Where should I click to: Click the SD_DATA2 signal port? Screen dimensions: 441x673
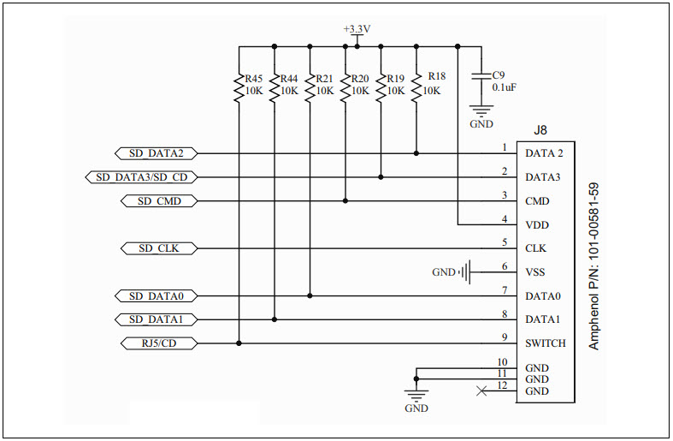(x=156, y=153)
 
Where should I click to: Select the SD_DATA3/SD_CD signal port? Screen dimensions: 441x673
(x=142, y=177)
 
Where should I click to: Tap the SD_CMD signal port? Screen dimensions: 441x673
(x=156, y=201)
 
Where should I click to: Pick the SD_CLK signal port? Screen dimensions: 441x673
(x=156, y=248)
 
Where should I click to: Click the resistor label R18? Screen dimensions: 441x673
(x=436, y=75)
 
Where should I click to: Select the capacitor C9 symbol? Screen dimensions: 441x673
(x=482, y=76)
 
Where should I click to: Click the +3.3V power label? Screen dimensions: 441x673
(x=357, y=29)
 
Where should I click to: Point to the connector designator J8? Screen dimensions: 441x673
(x=540, y=130)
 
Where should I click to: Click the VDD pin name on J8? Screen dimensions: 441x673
(x=537, y=225)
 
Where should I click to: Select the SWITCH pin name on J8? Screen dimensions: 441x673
(x=545, y=343)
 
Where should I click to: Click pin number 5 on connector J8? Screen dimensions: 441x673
(x=505, y=242)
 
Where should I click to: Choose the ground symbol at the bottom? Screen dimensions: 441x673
(x=416, y=396)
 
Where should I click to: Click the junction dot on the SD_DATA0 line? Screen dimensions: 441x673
(x=310, y=295)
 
